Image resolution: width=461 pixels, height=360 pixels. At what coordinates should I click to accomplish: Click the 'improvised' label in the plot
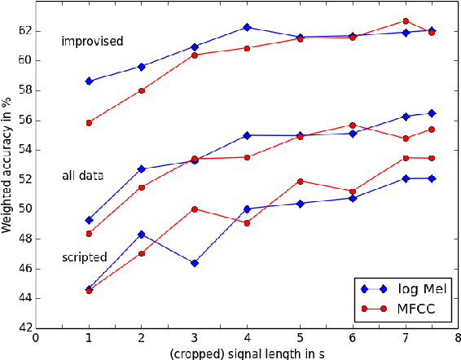(92, 41)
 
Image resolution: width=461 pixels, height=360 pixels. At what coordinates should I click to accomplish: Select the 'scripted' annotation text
(84, 257)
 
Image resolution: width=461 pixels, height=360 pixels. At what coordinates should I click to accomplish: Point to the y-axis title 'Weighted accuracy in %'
(7, 165)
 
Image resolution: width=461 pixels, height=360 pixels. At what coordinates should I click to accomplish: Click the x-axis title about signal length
(247, 353)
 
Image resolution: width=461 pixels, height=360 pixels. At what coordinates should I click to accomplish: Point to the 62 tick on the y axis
(24, 30)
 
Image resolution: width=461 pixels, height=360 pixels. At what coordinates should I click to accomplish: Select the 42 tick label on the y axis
(24, 328)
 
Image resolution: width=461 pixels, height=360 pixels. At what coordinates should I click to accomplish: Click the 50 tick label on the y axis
(24, 209)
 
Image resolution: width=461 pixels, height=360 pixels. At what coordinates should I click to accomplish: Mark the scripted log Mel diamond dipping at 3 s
(195, 263)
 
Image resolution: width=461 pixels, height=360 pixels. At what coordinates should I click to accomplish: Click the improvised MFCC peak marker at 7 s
(405, 21)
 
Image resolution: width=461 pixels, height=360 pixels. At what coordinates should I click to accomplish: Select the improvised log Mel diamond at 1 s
(89, 81)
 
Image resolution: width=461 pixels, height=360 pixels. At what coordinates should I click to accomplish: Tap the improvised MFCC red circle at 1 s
(89, 123)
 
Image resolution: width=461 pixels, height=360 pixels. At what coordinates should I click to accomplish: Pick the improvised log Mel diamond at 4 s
(247, 27)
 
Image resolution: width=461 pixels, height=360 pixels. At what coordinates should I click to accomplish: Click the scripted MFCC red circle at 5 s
(300, 181)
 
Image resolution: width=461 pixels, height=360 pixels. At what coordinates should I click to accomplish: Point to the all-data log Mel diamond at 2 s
(142, 169)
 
